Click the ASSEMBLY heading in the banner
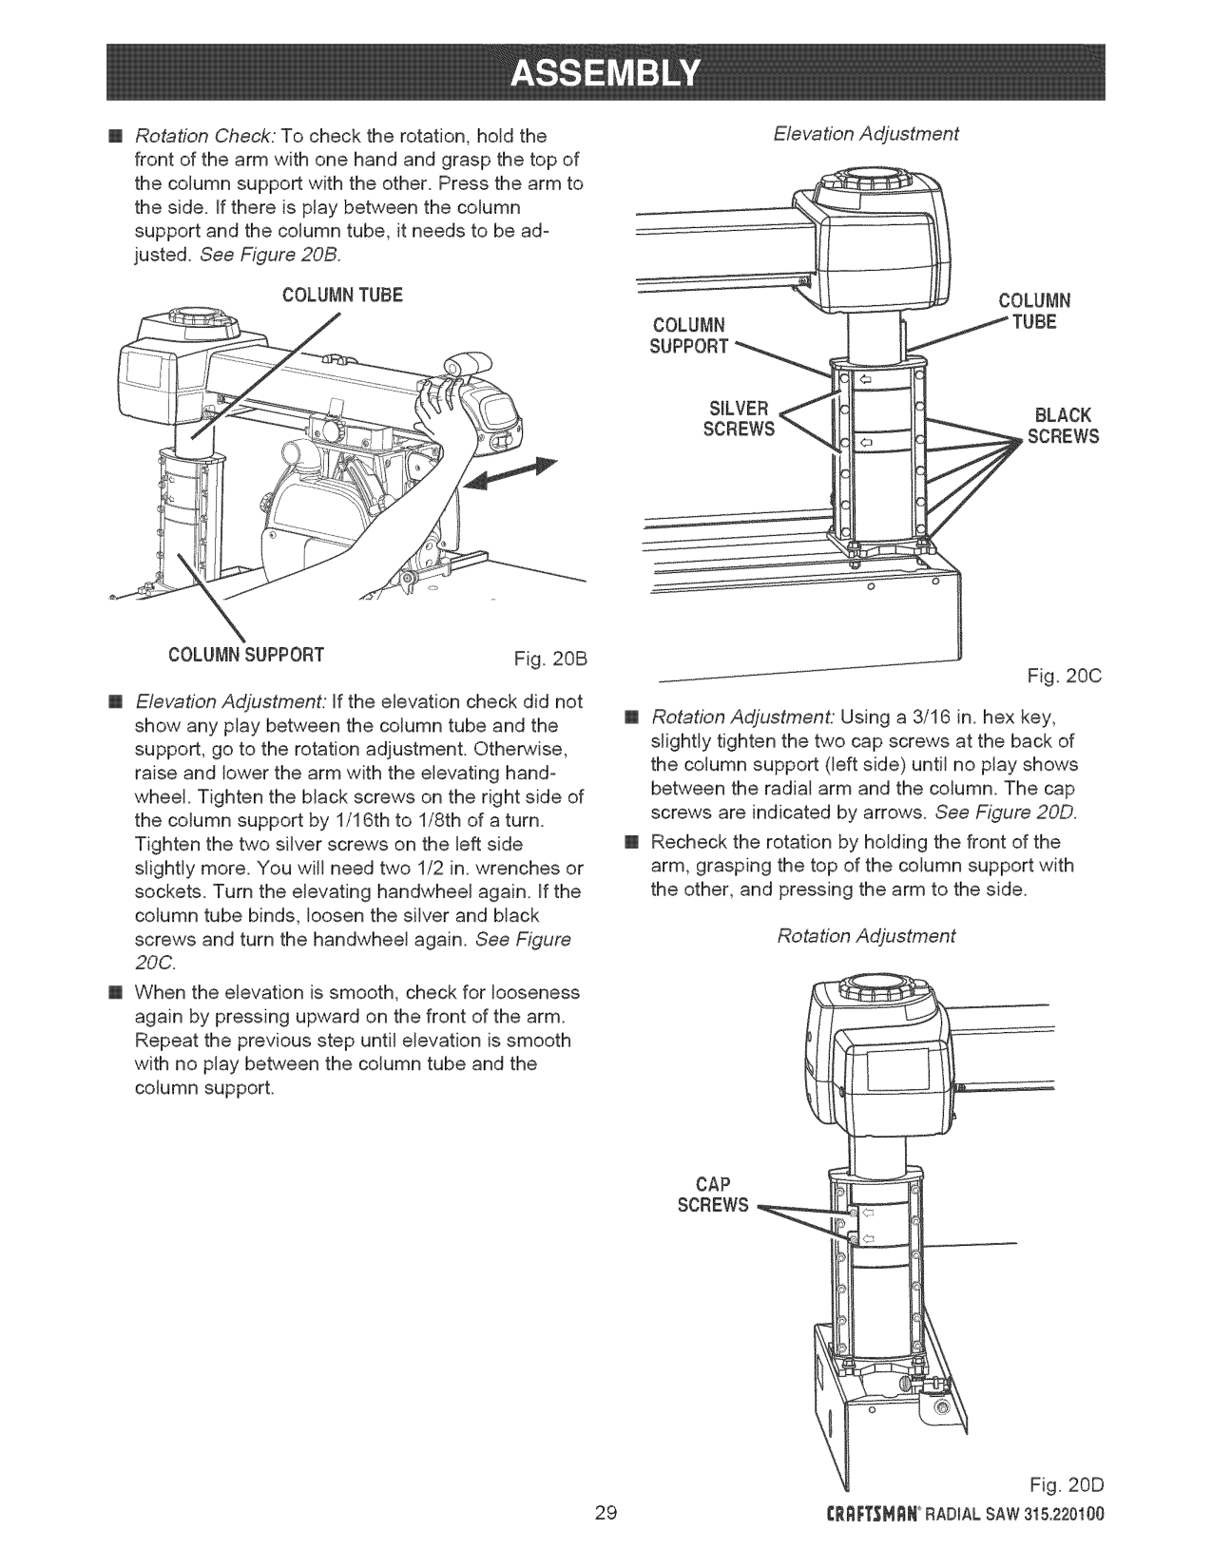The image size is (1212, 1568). [605, 72]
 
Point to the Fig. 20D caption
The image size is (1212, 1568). [1070, 1511]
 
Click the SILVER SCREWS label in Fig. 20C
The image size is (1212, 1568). [739, 419]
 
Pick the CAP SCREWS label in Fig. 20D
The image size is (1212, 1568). [713, 1195]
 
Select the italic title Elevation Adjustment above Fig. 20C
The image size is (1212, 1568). [866, 134]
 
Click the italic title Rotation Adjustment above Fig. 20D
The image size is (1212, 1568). [866, 936]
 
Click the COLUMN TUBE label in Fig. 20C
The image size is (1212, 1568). [1034, 311]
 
